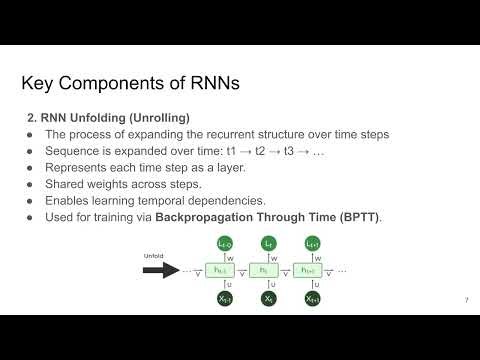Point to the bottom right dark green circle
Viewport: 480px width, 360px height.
coord(313,298)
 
